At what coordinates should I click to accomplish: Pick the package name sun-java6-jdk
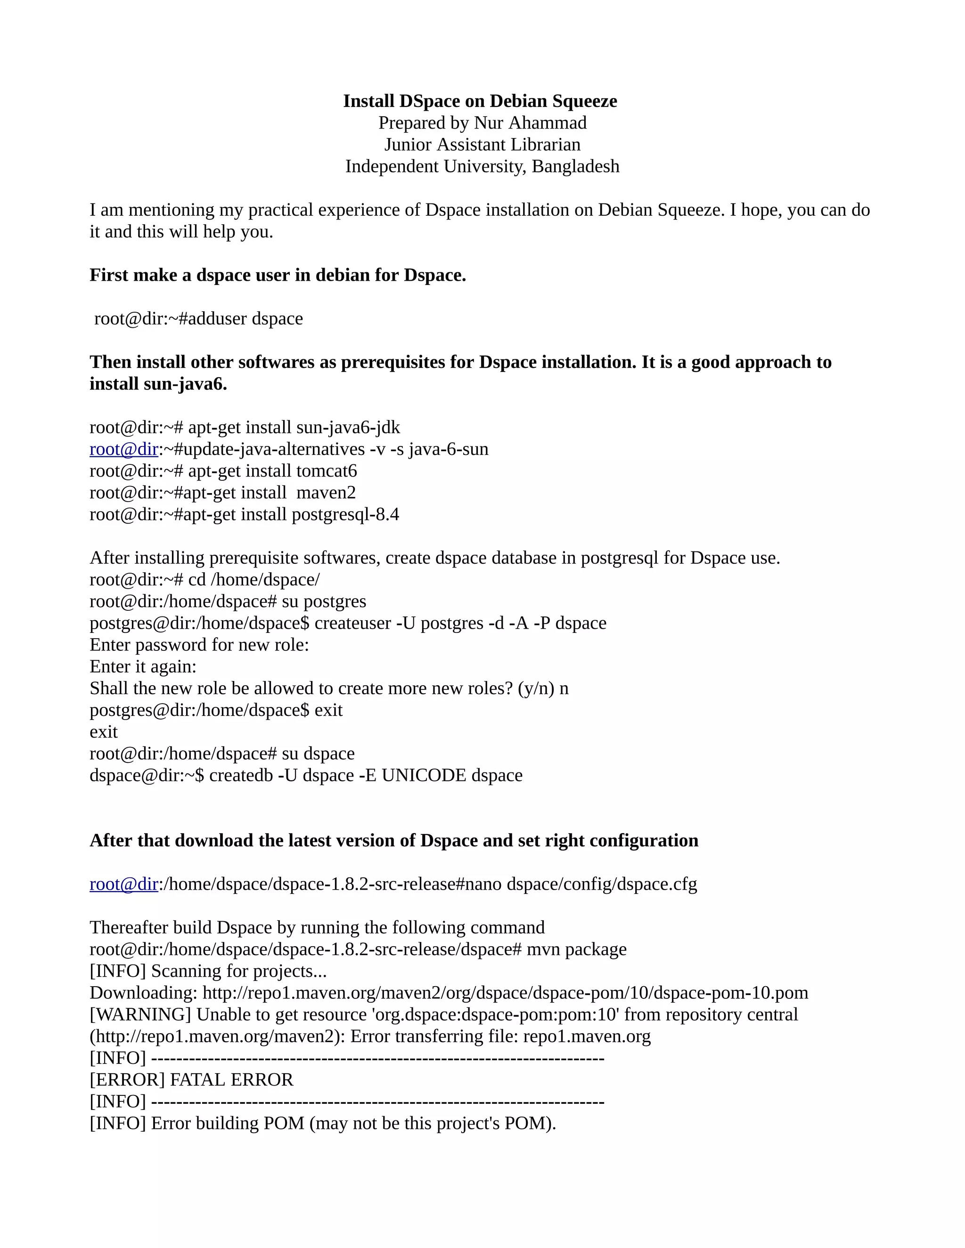click(348, 428)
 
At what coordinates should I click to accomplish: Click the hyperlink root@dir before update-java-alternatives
click(123, 449)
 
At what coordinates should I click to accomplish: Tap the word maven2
click(326, 493)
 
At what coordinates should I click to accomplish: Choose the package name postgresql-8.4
click(345, 514)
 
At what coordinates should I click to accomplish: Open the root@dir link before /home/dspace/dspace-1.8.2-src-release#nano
click(123, 884)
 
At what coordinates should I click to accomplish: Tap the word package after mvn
click(596, 949)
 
